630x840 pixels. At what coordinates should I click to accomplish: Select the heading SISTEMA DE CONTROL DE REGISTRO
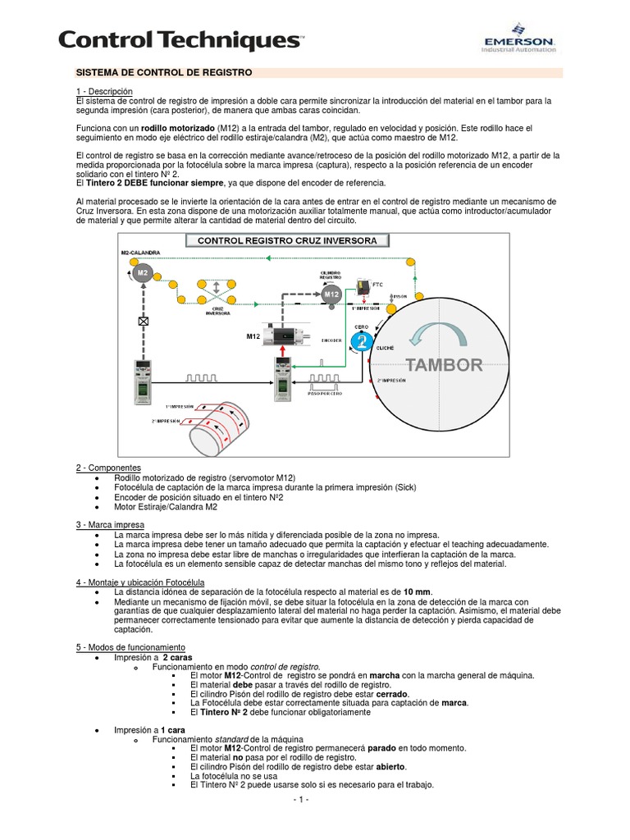click(x=163, y=73)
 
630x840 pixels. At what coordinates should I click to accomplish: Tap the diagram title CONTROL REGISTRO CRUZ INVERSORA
click(x=282, y=240)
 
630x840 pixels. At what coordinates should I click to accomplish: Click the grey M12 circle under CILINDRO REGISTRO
click(x=331, y=294)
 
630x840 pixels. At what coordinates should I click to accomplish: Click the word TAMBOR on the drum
click(x=444, y=365)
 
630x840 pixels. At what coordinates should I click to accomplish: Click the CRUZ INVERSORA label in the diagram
click(x=217, y=312)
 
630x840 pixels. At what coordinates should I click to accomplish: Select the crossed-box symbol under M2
click(x=144, y=322)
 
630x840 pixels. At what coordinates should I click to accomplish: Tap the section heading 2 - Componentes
click(x=108, y=467)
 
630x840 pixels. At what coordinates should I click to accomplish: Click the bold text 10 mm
click(x=417, y=591)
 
